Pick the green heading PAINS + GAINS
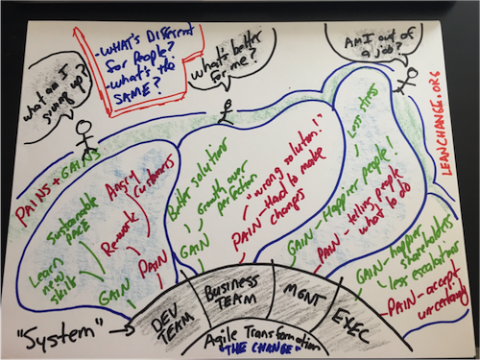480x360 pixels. point(49,186)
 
